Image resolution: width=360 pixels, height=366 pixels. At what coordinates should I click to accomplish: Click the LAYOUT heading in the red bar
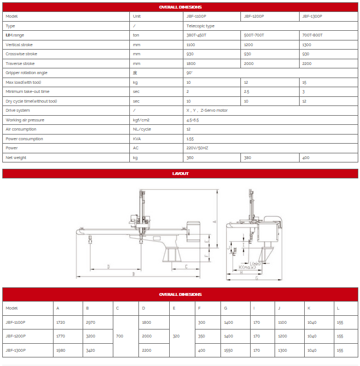(180, 173)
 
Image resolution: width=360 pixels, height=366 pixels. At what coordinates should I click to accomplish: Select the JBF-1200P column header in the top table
(253, 17)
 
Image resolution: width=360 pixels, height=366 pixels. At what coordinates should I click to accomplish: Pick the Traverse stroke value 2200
(307, 64)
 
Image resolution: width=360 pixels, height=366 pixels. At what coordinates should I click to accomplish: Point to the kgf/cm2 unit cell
(141, 120)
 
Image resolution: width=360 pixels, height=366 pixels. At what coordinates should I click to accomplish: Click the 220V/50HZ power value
(197, 148)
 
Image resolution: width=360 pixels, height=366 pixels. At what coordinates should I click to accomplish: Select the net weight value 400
(305, 158)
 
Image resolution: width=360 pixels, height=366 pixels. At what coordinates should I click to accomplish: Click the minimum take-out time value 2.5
(247, 92)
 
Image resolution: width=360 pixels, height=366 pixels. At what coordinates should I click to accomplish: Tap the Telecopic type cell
(201, 26)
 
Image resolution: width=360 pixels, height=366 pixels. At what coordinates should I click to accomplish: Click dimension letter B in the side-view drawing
(133, 274)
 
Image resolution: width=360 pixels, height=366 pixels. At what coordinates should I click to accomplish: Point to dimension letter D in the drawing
(108, 267)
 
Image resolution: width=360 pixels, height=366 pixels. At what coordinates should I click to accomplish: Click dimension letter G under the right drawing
(256, 279)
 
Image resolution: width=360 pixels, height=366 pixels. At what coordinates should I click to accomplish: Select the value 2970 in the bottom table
(91, 322)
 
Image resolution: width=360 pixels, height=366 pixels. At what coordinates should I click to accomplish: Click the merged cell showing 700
(120, 336)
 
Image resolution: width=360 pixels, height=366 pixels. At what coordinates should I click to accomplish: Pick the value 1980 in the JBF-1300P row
(61, 350)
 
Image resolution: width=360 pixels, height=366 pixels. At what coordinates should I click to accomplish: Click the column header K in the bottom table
(309, 308)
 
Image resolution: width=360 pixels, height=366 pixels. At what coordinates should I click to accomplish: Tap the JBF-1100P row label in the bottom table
(15, 322)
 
